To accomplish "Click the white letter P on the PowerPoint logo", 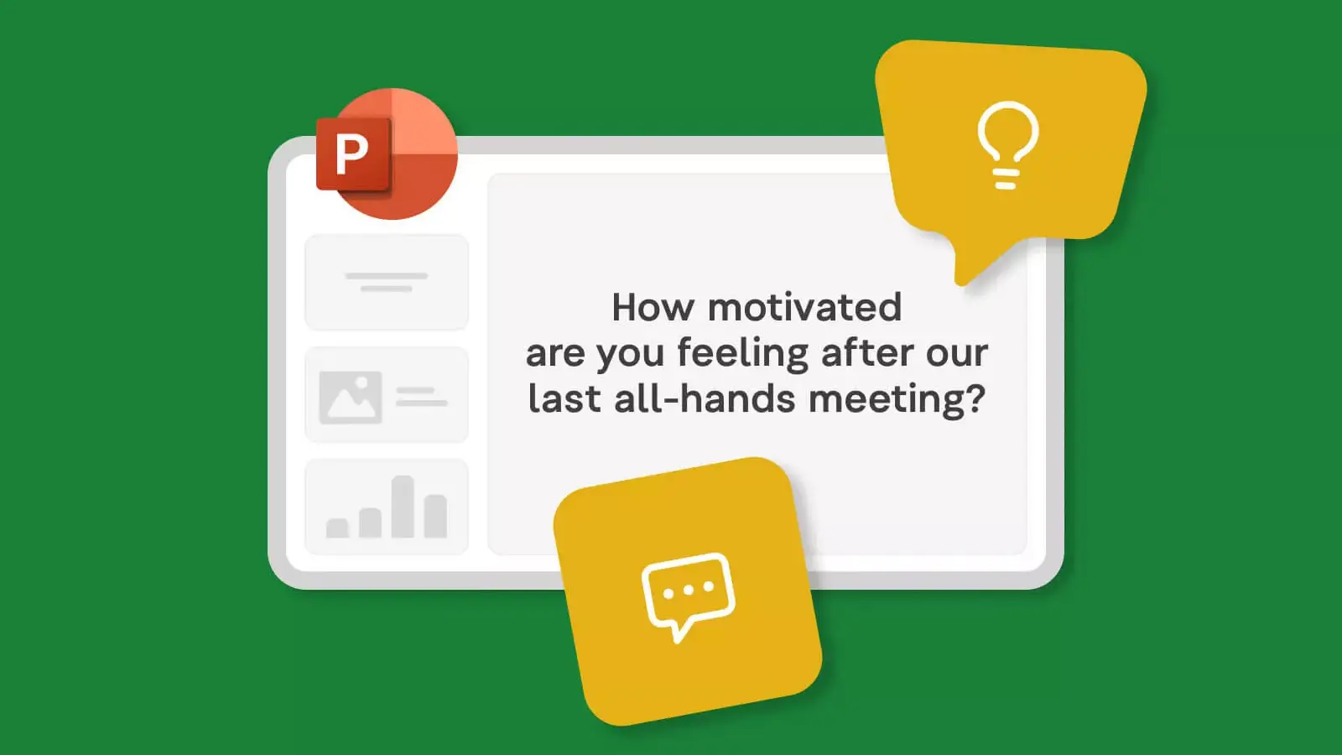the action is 351,154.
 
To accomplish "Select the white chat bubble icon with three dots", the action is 688,596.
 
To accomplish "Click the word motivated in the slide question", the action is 804,307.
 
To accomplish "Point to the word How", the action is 653,307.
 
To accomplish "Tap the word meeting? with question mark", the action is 897,399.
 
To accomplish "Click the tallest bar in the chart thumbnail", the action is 403,507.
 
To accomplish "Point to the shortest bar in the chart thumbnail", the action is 337,528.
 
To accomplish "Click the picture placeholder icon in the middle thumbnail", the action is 351,398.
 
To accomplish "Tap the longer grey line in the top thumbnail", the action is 387,276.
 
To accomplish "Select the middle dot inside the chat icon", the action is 689,591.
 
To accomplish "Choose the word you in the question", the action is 630,355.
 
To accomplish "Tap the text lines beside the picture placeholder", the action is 421,397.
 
